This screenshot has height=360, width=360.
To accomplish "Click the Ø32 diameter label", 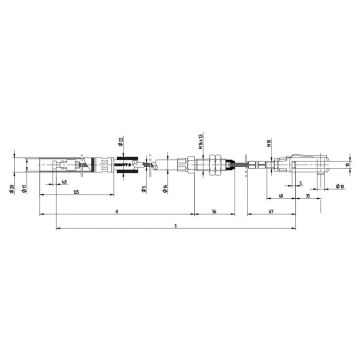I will click(x=119, y=140).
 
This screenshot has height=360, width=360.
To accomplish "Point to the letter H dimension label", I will click(x=117, y=212).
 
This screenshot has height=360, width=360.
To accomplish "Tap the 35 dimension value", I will click(x=307, y=198).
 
